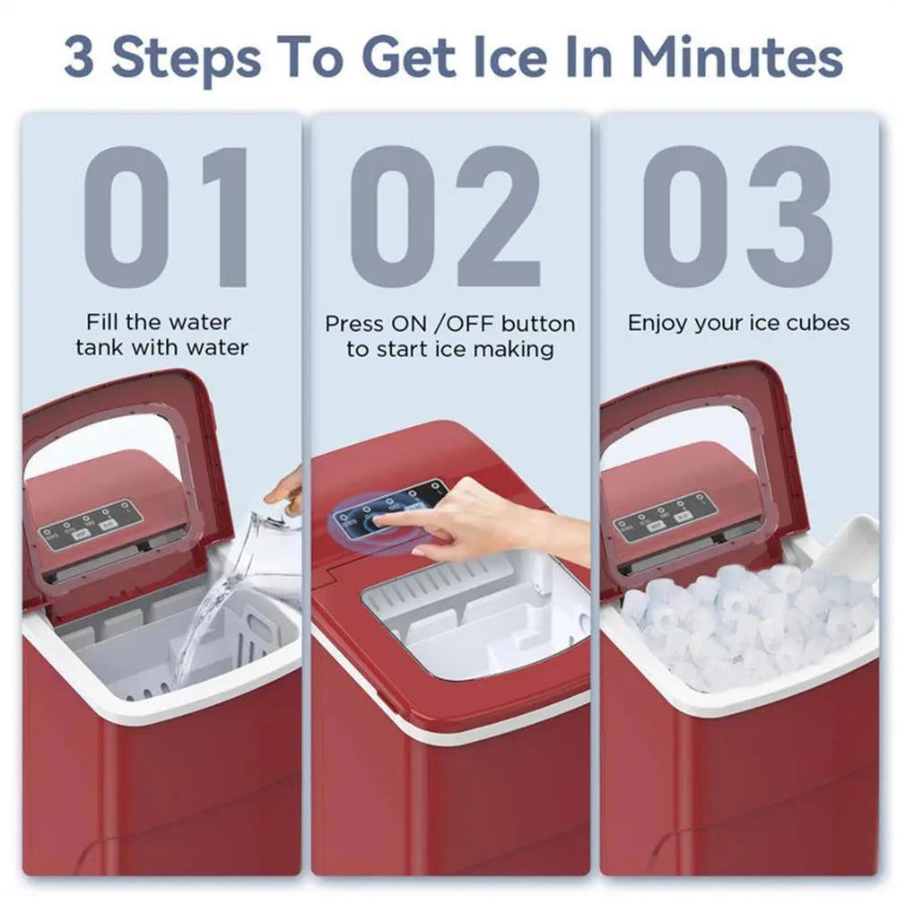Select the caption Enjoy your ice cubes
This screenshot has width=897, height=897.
coord(737,323)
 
